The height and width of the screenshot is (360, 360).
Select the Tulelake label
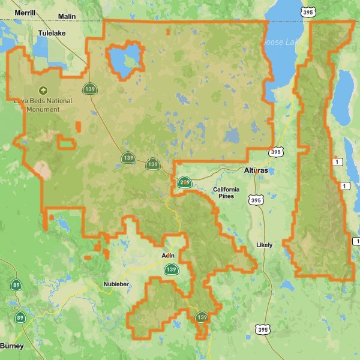tap(51, 34)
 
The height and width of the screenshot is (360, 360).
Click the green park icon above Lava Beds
tap(43, 90)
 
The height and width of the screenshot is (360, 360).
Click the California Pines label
tap(226, 193)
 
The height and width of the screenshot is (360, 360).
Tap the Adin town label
tap(168, 256)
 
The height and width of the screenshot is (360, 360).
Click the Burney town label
tap(11, 346)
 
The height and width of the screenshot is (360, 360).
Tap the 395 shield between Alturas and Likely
tap(256, 200)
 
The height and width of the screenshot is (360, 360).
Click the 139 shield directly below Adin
tap(171, 269)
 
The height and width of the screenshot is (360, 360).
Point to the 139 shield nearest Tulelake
tap(90, 89)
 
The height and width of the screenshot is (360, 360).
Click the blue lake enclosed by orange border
tap(124, 61)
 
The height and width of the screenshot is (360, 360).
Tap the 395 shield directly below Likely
tap(262, 329)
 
